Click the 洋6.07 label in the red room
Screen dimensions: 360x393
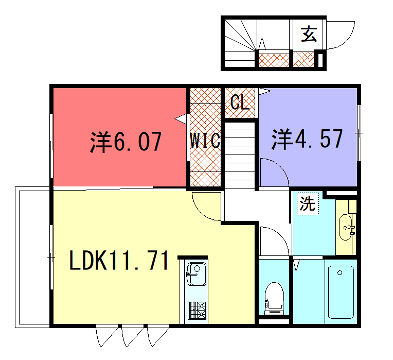124,141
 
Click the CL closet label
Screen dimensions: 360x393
239,102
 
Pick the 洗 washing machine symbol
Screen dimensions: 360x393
307,204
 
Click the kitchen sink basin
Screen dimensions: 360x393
195,273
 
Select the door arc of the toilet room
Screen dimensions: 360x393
271,240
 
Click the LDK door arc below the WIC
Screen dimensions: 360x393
207,208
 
